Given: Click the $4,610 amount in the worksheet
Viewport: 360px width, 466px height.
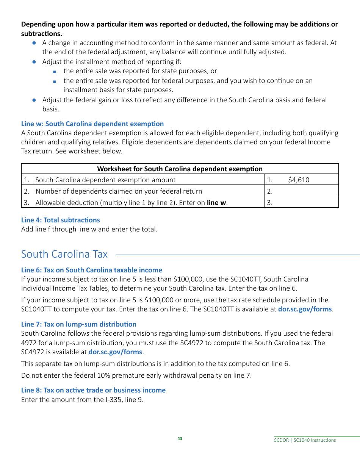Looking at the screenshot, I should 299,180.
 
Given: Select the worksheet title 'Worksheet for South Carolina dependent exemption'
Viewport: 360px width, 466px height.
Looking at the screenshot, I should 180,169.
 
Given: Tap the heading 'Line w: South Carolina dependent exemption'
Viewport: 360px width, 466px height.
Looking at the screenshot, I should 92,124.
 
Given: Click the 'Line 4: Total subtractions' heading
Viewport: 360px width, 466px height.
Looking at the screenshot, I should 61,220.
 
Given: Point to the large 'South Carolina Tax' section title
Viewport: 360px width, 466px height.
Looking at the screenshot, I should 64,254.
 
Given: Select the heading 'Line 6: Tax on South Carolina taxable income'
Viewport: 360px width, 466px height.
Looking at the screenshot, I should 92,270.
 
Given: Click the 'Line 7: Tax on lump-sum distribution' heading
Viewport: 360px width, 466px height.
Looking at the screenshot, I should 79,324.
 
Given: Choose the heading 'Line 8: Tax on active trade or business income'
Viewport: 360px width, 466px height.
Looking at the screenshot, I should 93,390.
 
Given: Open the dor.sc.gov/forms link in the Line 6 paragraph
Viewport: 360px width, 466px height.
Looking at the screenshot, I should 305,309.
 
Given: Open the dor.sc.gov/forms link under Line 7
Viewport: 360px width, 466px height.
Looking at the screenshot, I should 115,352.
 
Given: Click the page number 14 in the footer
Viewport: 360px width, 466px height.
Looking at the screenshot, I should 180,439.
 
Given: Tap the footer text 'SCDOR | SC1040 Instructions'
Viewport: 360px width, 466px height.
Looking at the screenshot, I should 305,440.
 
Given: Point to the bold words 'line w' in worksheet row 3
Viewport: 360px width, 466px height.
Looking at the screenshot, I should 217,203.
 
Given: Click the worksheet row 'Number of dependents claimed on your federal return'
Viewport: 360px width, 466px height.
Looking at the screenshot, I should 119,191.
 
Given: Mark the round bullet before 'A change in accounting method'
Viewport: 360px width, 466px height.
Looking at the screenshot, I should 34,43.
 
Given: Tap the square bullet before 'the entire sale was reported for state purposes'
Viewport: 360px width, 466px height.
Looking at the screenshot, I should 55,71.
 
